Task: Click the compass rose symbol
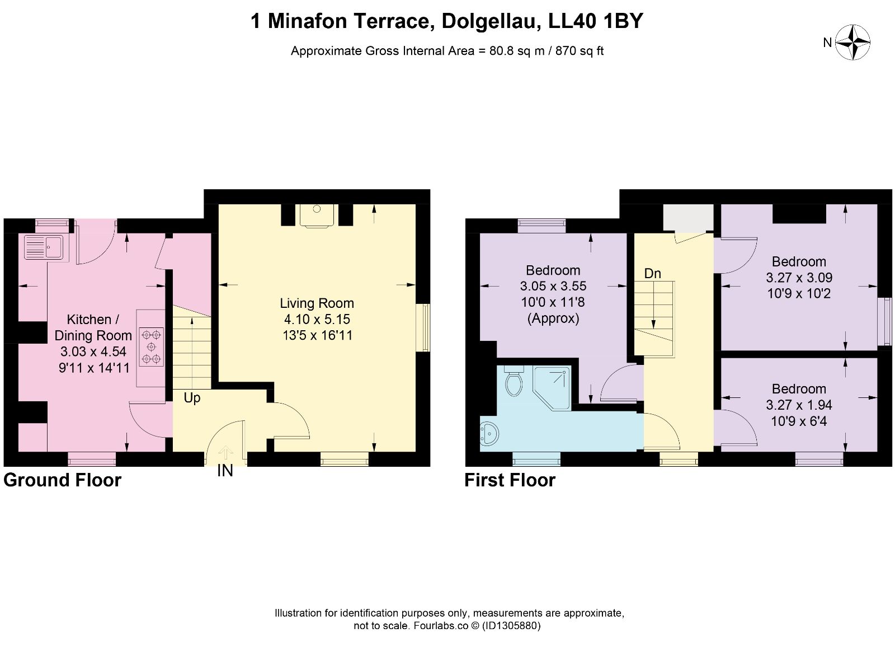point(853,43)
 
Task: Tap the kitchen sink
point(44,247)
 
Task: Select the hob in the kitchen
point(151,346)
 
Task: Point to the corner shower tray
point(552,388)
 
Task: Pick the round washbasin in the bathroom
point(489,433)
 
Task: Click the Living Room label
point(317,303)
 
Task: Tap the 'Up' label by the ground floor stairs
point(192,398)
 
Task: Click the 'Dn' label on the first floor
point(652,274)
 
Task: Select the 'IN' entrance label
point(225,471)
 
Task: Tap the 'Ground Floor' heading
point(62,480)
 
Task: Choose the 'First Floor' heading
point(510,480)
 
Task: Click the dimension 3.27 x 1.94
point(799,405)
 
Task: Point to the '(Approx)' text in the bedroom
point(553,318)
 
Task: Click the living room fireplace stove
point(317,215)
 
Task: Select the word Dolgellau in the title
point(488,21)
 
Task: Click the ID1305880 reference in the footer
point(511,626)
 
